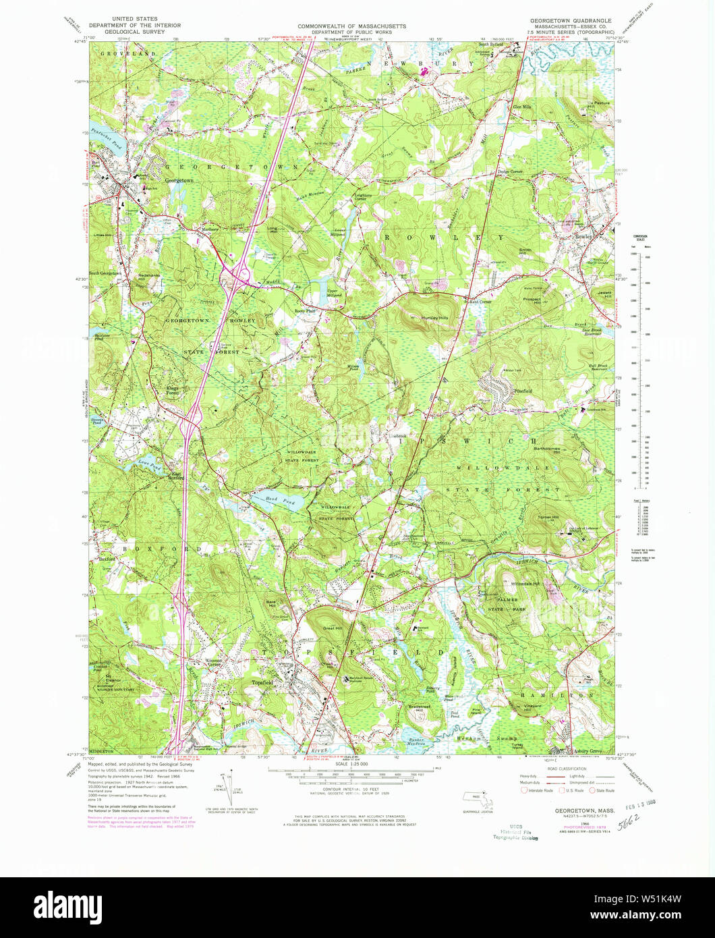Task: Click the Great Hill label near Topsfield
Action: (x=333, y=629)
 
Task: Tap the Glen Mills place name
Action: (x=523, y=107)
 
